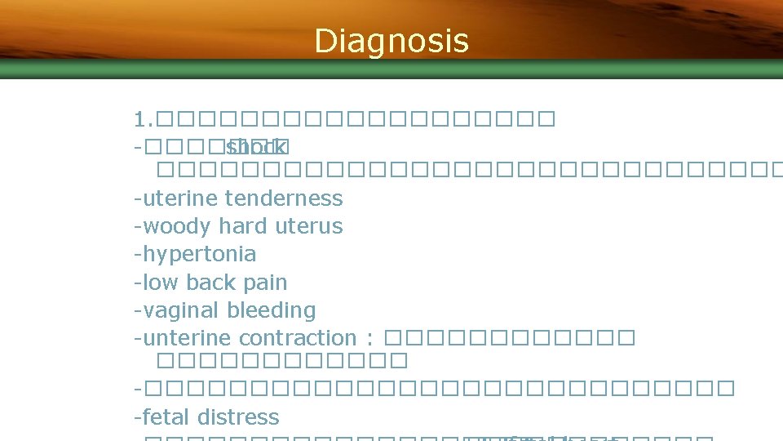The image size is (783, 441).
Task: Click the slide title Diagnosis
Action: (391, 41)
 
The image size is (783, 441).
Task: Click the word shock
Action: (257, 148)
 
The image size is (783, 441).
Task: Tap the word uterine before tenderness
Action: (180, 198)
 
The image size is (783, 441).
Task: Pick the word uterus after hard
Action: (309, 226)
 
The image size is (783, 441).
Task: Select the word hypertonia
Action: (199, 254)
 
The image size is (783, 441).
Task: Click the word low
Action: (161, 283)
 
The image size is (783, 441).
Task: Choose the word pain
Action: (266, 283)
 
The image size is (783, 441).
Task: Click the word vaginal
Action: (182, 310)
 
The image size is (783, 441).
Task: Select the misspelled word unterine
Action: (188, 338)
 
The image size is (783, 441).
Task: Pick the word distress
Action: (241, 417)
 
